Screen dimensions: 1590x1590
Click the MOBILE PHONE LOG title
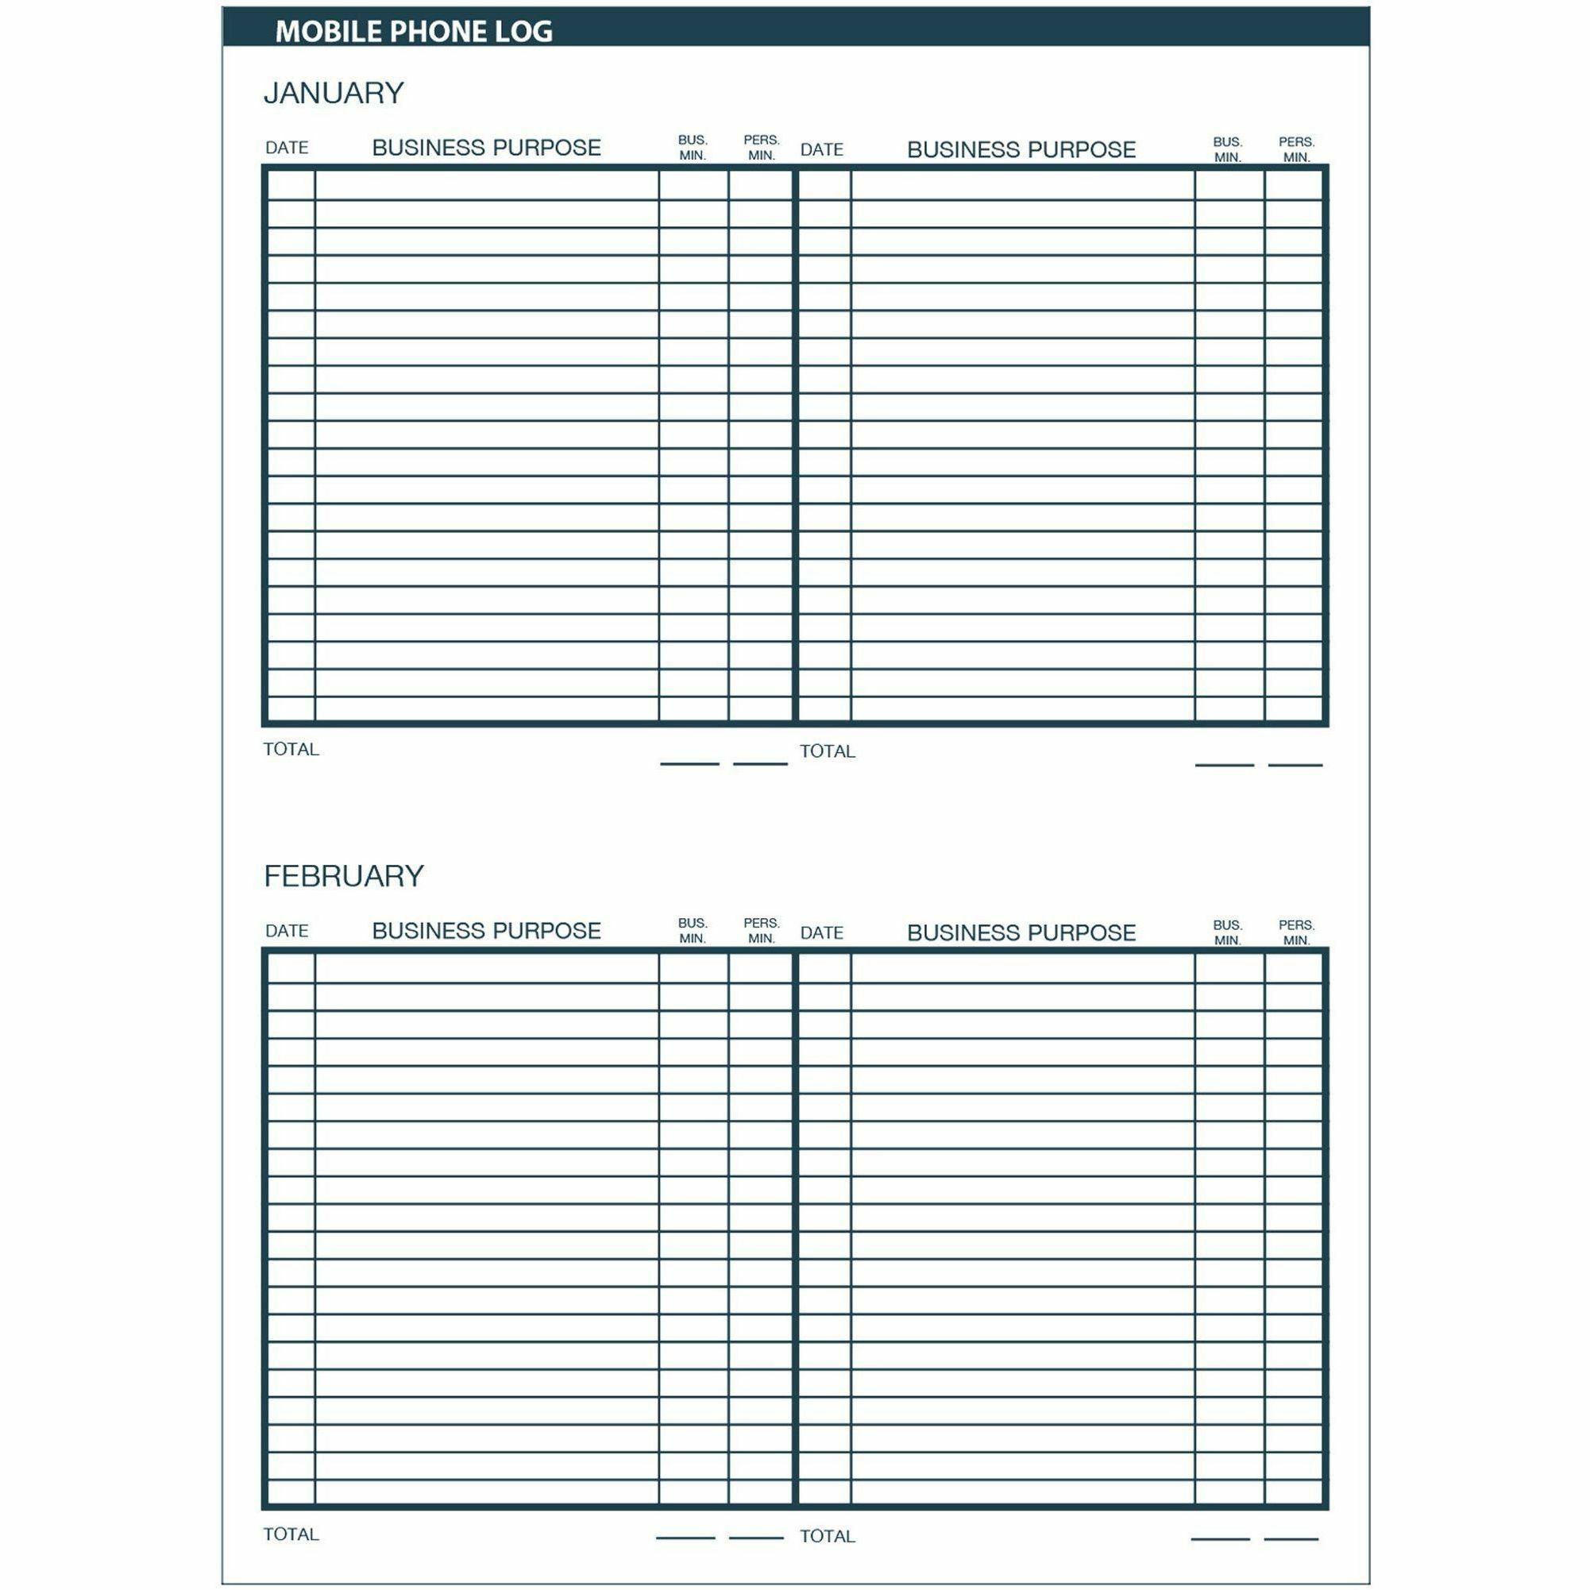tap(413, 31)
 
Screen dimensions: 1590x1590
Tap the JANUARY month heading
tap(334, 93)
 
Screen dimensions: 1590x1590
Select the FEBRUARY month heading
tap(343, 876)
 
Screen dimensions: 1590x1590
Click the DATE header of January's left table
tap(287, 149)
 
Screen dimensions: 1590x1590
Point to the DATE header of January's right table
tap(821, 150)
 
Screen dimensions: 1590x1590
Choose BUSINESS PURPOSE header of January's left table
tap(486, 149)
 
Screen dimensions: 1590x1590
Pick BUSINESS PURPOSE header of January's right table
tap(1021, 150)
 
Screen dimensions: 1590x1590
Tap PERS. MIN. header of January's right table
tap(1296, 149)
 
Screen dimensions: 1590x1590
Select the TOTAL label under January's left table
tap(291, 749)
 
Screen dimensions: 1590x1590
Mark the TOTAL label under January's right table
tap(827, 751)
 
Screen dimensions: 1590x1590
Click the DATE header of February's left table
tap(287, 931)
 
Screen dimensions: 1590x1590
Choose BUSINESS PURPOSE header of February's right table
tap(1021, 932)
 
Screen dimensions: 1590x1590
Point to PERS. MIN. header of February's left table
tap(762, 931)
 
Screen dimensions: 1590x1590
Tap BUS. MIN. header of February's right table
tap(1227, 932)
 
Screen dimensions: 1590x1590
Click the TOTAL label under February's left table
tap(291, 1534)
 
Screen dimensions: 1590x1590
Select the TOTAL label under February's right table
tap(827, 1536)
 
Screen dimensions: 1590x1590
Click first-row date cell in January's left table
tap(291, 185)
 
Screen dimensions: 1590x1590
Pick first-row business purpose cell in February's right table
tap(1022, 969)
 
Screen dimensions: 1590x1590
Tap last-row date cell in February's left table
tap(291, 1492)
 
